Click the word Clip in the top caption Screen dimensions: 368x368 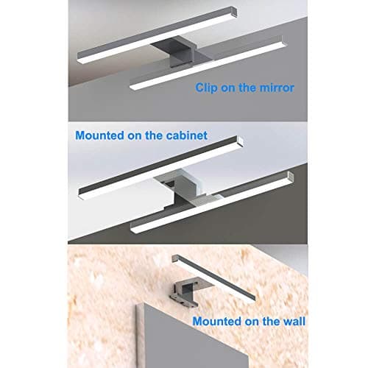tap(208, 87)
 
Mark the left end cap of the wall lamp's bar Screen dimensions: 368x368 tap(177, 257)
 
